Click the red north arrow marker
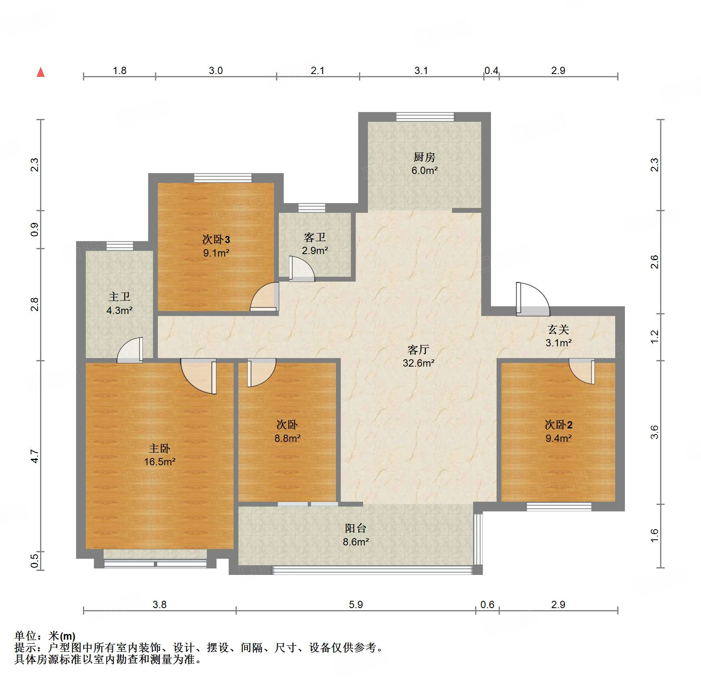click(x=40, y=72)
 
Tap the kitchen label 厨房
click(x=424, y=157)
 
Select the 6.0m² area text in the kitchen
click(x=424, y=170)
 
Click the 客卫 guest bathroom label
click(x=314, y=237)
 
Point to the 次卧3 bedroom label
click(x=216, y=240)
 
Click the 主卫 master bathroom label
click(x=119, y=297)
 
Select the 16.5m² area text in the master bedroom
click(x=159, y=462)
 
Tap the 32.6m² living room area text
click(x=418, y=363)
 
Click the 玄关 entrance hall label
click(x=558, y=330)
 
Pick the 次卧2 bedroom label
click(x=558, y=425)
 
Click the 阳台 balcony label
click(x=355, y=528)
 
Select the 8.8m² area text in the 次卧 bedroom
click(x=287, y=438)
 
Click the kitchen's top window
click(x=425, y=117)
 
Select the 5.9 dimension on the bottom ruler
click(x=355, y=604)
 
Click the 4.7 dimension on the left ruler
click(x=35, y=456)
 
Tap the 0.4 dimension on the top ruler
click(x=491, y=71)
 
